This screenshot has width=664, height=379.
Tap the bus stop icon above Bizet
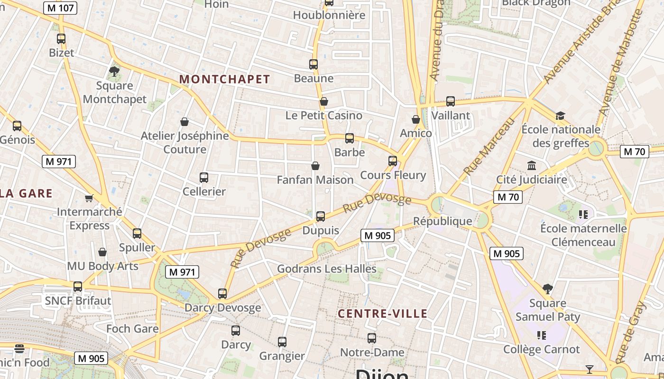tap(61, 39)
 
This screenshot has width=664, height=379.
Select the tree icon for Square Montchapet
tap(114, 72)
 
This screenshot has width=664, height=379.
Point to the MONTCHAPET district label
tap(224, 80)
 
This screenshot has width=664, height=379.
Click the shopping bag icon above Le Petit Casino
tap(324, 101)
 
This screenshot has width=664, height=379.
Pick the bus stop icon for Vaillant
tap(451, 101)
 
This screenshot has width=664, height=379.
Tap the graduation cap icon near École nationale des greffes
tap(560, 116)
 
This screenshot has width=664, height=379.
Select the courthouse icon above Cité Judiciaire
tap(532, 166)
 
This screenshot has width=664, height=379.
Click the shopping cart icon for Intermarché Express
tap(89, 198)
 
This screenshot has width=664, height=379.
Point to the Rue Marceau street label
tap(489, 147)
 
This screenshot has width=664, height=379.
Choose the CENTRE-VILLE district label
tap(382, 314)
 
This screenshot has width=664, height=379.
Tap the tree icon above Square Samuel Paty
tap(548, 289)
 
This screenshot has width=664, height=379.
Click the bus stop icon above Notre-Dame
tap(372, 338)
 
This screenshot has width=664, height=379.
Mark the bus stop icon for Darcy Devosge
tap(222, 294)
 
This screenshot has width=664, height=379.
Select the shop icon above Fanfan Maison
tap(315, 166)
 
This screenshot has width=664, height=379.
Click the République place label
tap(443, 221)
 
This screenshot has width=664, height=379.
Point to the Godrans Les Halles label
tap(327, 269)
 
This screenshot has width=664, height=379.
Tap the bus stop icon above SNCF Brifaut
tap(78, 287)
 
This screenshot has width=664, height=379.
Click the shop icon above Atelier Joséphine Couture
tap(184, 122)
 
